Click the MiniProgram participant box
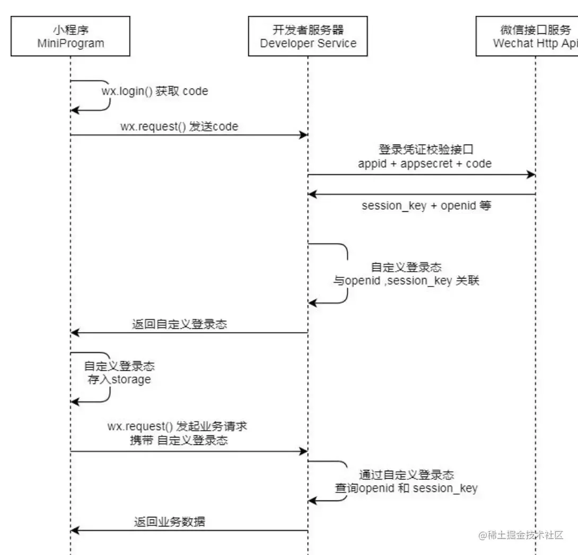[x=71, y=36]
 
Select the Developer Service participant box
[x=308, y=36]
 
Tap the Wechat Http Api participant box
[x=530, y=36]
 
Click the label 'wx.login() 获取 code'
[x=155, y=91]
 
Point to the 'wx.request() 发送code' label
[x=179, y=127]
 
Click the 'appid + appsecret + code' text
[x=425, y=164]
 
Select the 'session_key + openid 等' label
[x=426, y=205]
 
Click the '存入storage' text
[x=120, y=379]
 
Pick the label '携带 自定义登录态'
[x=179, y=440]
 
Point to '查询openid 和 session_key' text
[x=406, y=488]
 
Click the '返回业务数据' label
[x=169, y=522]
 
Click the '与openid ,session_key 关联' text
[x=406, y=281]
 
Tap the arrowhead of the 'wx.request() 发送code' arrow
[x=304, y=136]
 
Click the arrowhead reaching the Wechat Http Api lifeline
[x=531, y=175]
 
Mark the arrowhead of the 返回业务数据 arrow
[x=75, y=530]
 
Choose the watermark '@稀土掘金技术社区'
[x=521, y=535]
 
